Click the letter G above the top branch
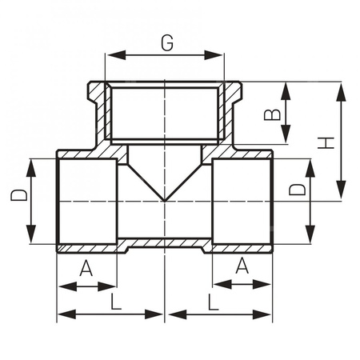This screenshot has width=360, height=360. pyautogui.click(x=166, y=43)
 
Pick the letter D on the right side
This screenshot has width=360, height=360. pyautogui.click(x=296, y=190)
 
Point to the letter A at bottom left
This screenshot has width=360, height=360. pyautogui.click(x=86, y=269)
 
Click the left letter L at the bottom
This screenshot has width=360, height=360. pyautogui.click(x=117, y=302)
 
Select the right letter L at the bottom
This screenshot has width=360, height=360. pyautogui.click(x=212, y=302)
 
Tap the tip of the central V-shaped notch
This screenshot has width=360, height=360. pyautogui.click(x=165, y=199)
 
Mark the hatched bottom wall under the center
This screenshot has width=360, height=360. pyautogui.click(x=165, y=243)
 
